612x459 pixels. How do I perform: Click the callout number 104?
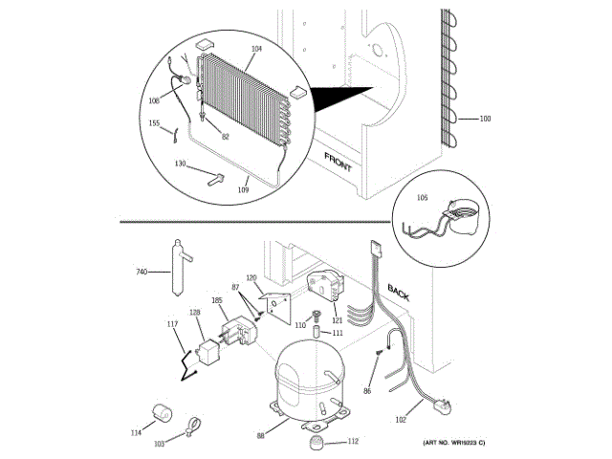(x=229, y=48)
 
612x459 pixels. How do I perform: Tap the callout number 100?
(x=485, y=119)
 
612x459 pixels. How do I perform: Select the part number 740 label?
(x=141, y=273)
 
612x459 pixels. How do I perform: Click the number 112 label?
(x=353, y=442)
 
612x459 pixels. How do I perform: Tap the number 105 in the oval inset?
(x=422, y=200)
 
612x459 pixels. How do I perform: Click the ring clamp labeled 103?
(x=190, y=421)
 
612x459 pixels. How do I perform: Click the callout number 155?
(x=154, y=123)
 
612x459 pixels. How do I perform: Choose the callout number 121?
(x=337, y=320)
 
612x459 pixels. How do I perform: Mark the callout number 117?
(x=173, y=324)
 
